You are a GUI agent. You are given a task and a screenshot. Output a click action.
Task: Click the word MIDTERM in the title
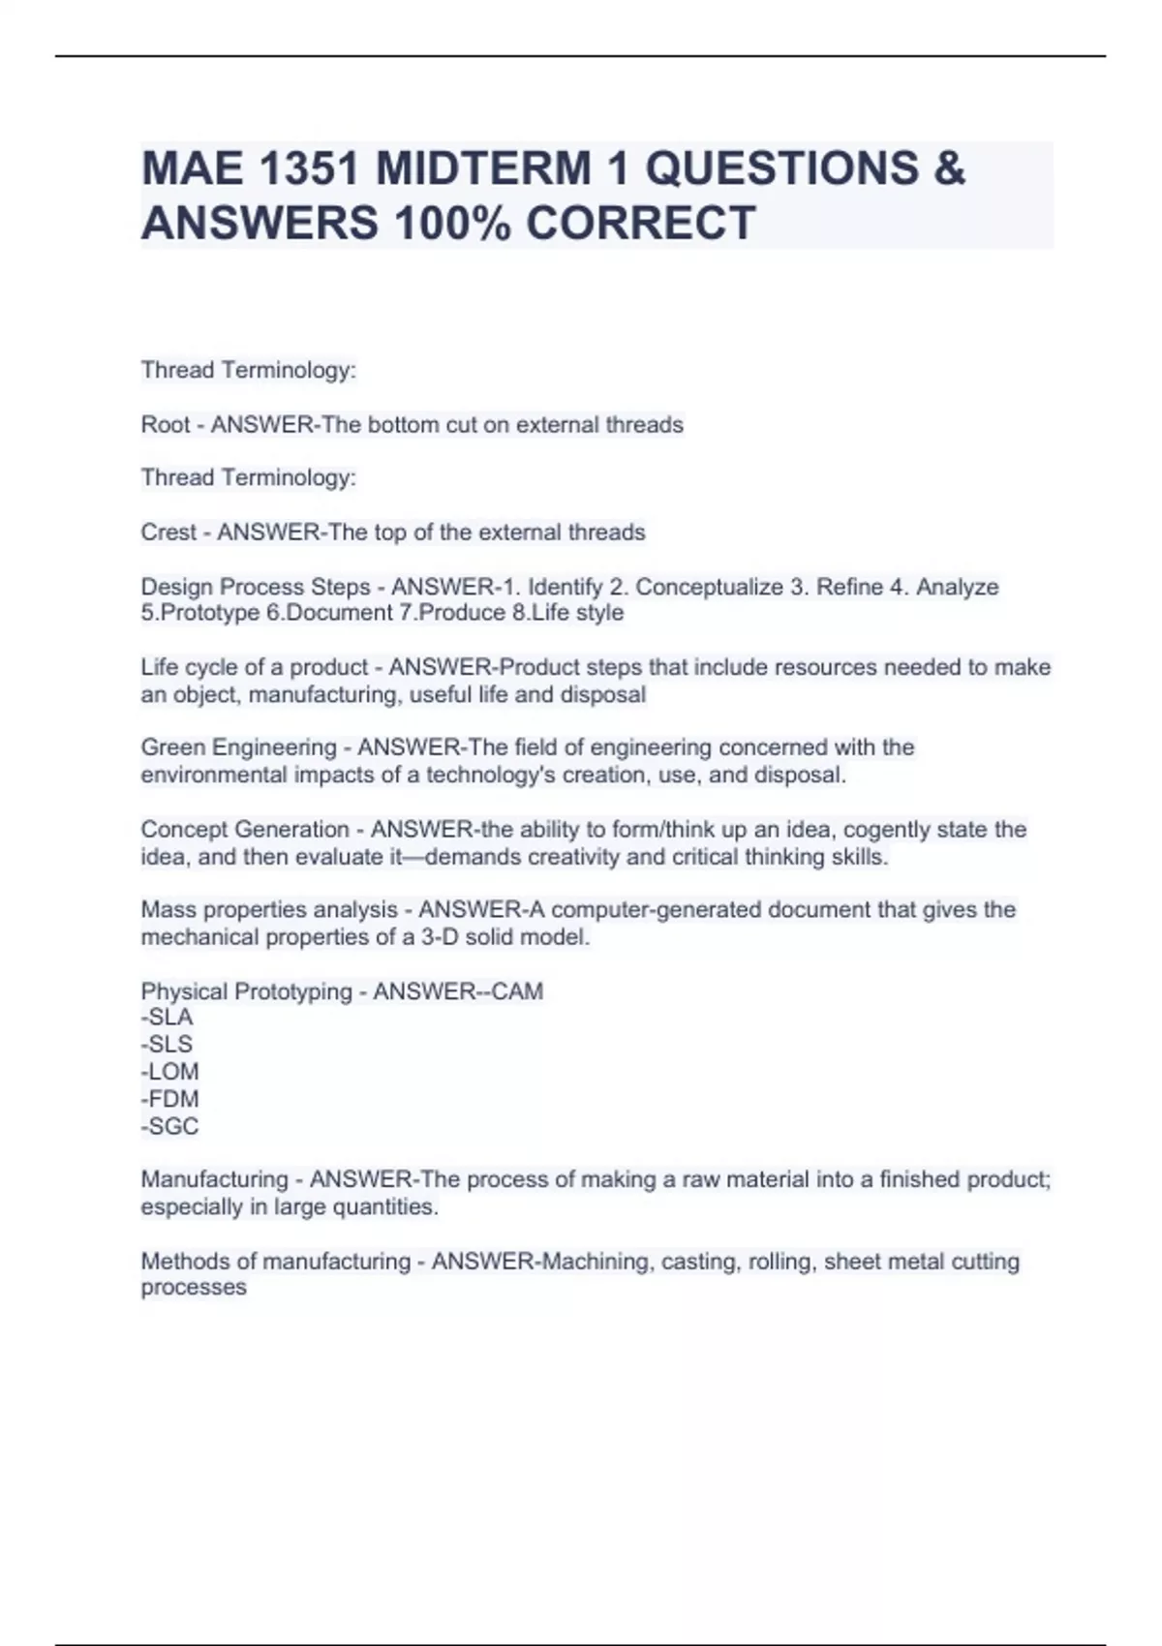(x=483, y=168)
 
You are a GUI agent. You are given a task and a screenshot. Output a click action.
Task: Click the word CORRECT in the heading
(x=640, y=223)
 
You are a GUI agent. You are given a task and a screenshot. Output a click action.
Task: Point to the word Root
(x=166, y=425)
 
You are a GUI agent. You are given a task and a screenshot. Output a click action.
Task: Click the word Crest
(x=168, y=533)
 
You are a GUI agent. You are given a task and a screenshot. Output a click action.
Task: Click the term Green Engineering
(x=238, y=747)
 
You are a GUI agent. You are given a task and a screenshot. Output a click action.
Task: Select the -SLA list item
(x=167, y=1018)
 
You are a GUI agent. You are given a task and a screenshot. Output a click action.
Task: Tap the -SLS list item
(x=167, y=1045)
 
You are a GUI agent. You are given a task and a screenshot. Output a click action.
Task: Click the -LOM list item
(x=169, y=1072)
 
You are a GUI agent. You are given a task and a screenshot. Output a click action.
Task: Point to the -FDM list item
(x=169, y=1099)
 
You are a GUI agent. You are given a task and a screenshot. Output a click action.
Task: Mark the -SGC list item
(x=169, y=1126)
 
